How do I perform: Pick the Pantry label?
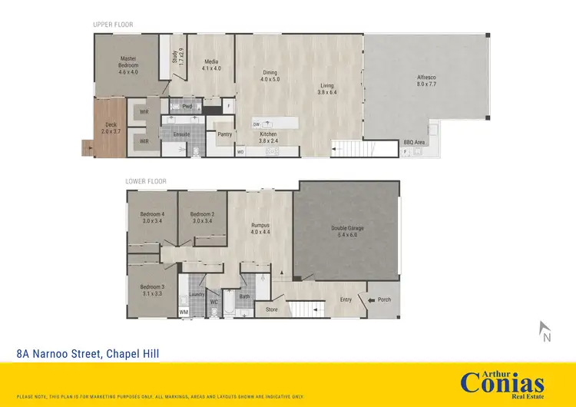(225, 134)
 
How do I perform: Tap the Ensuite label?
(181, 134)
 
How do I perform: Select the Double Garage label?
(347, 228)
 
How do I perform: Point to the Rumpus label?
(260, 226)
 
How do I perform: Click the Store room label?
(271, 310)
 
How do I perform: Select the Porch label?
(385, 299)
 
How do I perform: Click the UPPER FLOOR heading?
(113, 25)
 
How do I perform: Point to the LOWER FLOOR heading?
(146, 182)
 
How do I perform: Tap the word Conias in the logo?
(502, 382)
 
